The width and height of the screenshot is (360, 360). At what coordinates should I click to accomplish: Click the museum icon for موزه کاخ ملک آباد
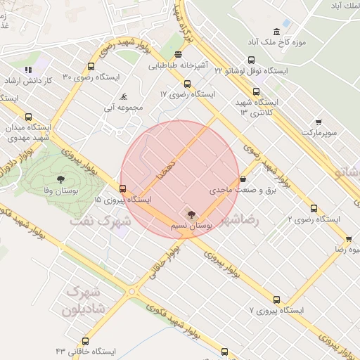point(276,32)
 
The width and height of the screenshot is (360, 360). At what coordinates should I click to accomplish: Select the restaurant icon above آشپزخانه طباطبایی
point(179,54)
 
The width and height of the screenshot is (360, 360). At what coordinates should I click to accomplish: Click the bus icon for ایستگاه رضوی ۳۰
point(91,67)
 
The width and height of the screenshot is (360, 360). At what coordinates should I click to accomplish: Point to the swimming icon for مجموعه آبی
point(124,96)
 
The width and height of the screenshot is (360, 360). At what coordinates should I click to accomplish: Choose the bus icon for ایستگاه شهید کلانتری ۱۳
point(255,91)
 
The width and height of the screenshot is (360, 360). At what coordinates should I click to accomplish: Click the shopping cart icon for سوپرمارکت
point(319,122)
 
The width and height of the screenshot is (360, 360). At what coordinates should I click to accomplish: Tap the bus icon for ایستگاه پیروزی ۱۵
point(123,188)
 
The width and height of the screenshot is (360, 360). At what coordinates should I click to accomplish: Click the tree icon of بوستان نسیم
point(192,213)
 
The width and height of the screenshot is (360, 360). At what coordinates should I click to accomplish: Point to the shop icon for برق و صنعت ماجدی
point(243,179)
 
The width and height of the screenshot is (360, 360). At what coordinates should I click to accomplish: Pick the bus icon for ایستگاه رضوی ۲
point(314,208)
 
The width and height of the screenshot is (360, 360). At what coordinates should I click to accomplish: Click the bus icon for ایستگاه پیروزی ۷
point(276,299)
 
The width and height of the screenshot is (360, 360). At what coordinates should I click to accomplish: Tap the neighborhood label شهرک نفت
point(101,221)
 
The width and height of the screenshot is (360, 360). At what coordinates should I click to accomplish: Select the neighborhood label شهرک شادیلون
point(84,300)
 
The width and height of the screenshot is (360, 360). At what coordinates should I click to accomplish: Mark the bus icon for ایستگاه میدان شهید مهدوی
point(28,117)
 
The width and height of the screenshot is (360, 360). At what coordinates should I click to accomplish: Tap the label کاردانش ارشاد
point(28,81)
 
